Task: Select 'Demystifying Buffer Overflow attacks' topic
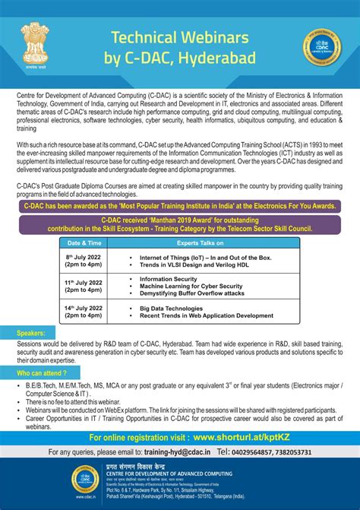tap(201, 293)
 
